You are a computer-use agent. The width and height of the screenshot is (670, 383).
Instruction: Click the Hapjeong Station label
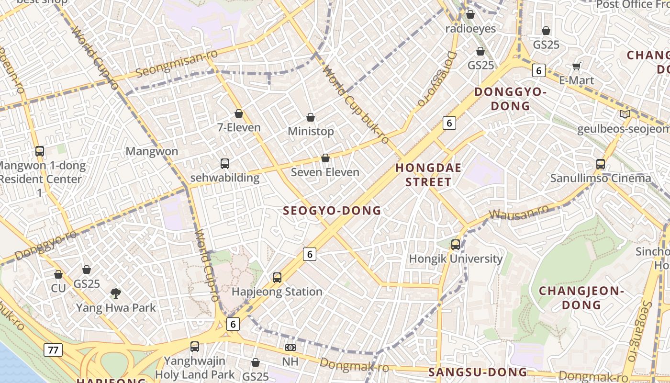click(x=277, y=292)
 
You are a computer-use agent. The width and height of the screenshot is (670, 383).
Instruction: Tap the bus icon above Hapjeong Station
click(x=277, y=277)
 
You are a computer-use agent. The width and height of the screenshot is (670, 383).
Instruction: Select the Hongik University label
click(x=455, y=259)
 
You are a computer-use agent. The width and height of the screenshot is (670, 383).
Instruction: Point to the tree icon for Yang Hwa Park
click(x=115, y=293)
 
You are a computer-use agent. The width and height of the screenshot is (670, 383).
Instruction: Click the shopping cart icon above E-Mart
click(x=577, y=66)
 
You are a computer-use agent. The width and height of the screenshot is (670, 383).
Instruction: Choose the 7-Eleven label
click(x=239, y=128)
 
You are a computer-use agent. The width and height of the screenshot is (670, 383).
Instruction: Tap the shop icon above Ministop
click(x=311, y=117)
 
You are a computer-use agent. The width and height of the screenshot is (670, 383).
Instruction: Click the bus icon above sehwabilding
click(x=225, y=164)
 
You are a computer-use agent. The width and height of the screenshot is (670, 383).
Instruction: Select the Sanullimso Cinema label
click(x=600, y=179)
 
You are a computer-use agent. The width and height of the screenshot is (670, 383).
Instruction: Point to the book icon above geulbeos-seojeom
click(x=625, y=114)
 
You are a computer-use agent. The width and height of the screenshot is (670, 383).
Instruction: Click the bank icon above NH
click(x=290, y=347)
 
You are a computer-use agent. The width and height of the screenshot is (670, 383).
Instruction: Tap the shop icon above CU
click(x=58, y=274)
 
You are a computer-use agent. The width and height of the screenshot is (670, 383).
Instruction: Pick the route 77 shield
click(x=53, y=350)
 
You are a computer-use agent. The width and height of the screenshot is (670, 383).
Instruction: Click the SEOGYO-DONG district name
click(x=332, y=211)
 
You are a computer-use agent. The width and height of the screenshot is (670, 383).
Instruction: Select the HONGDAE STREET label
click(x=428, y=175)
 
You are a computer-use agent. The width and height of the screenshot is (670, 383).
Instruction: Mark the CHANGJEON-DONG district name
click(x=581, y=297)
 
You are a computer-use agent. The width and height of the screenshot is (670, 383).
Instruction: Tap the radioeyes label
click(x=470, y=29)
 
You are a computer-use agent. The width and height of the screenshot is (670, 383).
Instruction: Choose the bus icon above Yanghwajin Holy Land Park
click(x=194, y=347)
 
